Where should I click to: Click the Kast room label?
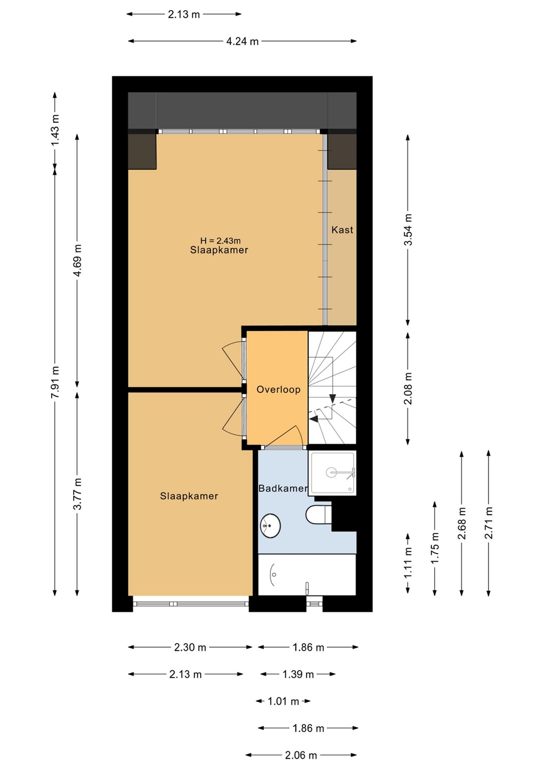click(342, 230)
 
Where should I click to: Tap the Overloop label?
click(278, 389)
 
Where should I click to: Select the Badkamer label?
click(283, 488)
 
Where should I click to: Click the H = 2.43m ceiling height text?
click(220, 241)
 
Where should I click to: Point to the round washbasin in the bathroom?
click(270, 525)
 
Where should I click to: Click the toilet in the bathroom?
click(318, 515)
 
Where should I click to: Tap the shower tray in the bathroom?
click(332, 473)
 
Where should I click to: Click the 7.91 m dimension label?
click(55, 382)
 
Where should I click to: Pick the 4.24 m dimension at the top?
click(242, 42)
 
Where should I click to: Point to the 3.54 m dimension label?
click(408, 230)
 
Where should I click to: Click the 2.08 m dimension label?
click(408, 388)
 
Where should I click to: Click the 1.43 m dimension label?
click(55, 130)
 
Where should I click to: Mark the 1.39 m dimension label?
click(298, 674)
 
